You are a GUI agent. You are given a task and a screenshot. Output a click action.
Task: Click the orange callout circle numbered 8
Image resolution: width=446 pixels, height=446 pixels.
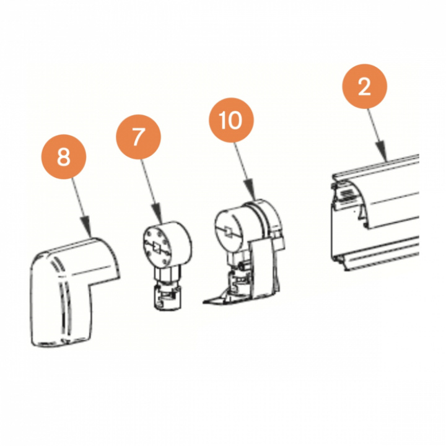64,157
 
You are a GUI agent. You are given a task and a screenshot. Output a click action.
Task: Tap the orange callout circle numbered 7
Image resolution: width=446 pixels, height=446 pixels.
138,137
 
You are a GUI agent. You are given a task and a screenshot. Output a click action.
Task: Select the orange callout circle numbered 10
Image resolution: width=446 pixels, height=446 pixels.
231,120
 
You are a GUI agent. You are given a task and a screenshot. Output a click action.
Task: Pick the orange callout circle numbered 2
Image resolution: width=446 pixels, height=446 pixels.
364,86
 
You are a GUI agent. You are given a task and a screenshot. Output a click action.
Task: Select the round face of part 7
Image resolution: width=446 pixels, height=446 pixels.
157,246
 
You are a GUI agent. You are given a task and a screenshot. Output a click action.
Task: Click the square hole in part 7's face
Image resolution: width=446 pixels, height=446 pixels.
157,247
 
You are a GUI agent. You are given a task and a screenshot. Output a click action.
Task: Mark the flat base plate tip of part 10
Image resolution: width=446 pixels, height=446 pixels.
206,301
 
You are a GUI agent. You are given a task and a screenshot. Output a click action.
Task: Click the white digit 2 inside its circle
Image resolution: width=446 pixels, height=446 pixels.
364,86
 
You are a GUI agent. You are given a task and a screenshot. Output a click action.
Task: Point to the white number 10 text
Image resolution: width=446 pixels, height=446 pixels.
230,120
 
